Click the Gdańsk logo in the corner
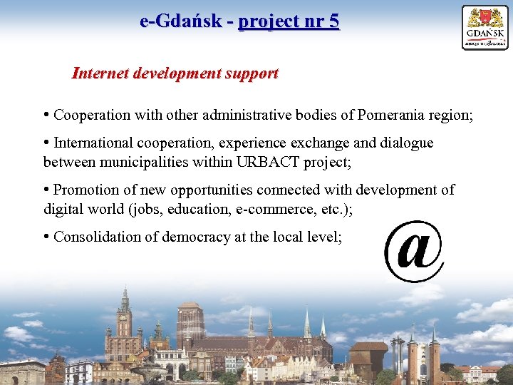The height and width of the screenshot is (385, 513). point(484,27)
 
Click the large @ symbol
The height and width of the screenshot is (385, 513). point(414,250)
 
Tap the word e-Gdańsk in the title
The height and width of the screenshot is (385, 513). point(180,21)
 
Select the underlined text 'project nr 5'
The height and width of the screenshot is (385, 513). point(289,21)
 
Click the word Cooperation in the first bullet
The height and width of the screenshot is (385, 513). point(92,115)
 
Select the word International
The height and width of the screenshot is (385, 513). point(94,143)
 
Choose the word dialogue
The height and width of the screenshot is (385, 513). point(404,143)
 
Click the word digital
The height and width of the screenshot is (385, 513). point(61,209)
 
